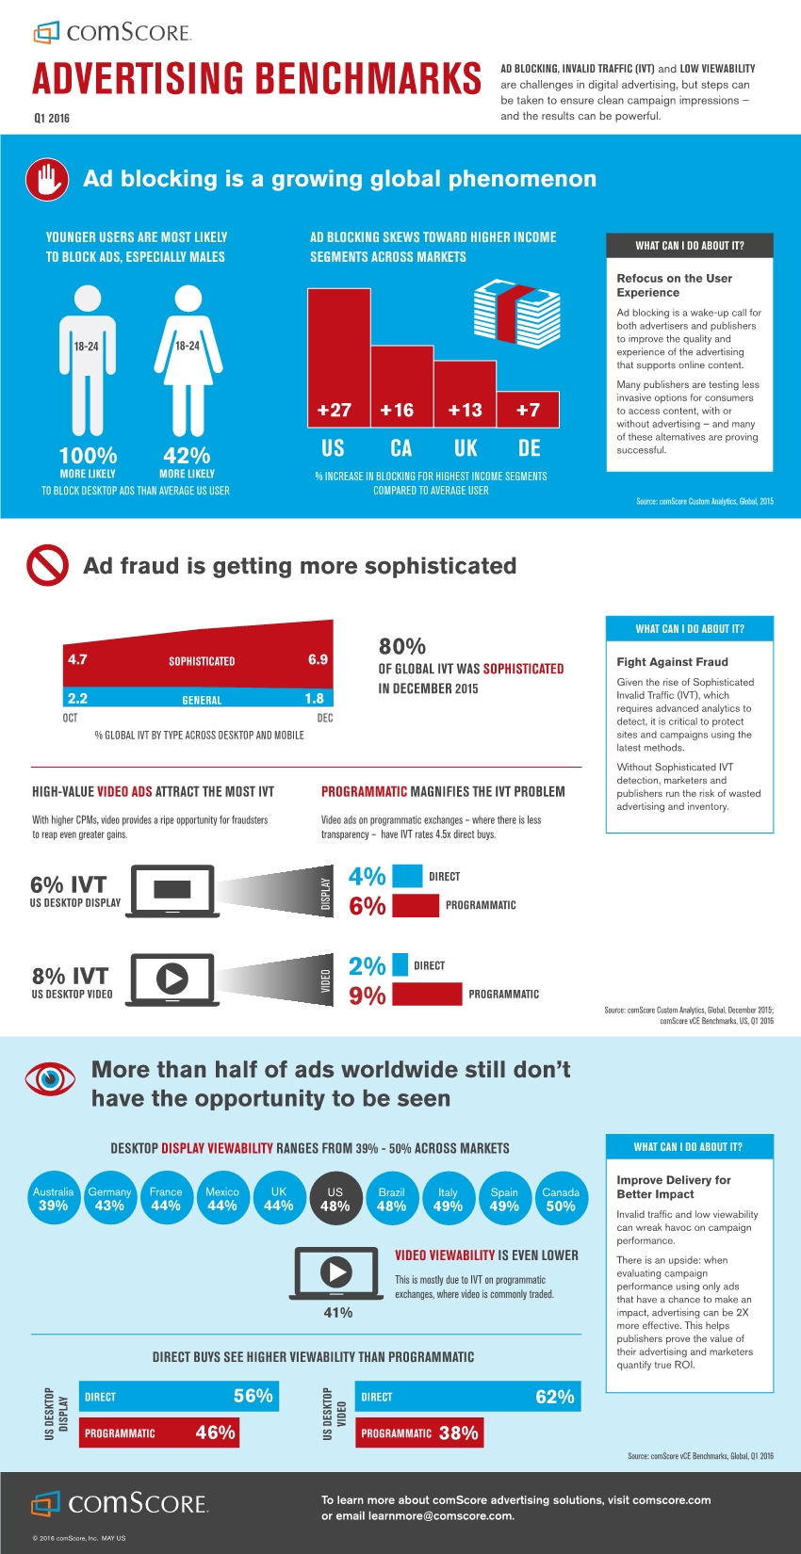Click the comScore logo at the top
coord(113,33)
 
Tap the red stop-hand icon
coord(47,179)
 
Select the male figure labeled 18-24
coord(88,363)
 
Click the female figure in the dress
coord(188,363)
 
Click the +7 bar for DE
coord(528,410)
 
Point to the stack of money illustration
coord(516,316)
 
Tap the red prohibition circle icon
coord(47,566)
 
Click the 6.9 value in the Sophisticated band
coord(318,659)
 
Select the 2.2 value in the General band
coord(77,698)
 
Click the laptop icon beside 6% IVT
coord(173,890)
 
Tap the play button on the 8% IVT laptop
coord(172,979)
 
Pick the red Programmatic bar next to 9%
coord(427,995)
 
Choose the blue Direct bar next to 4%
coord(407,876)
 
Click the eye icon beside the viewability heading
coord(50,1079)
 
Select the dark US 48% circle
coord(335,1198)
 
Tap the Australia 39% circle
coord(53,1198)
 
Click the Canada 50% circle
coord(561,1198)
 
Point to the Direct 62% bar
coord(467,1397)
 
